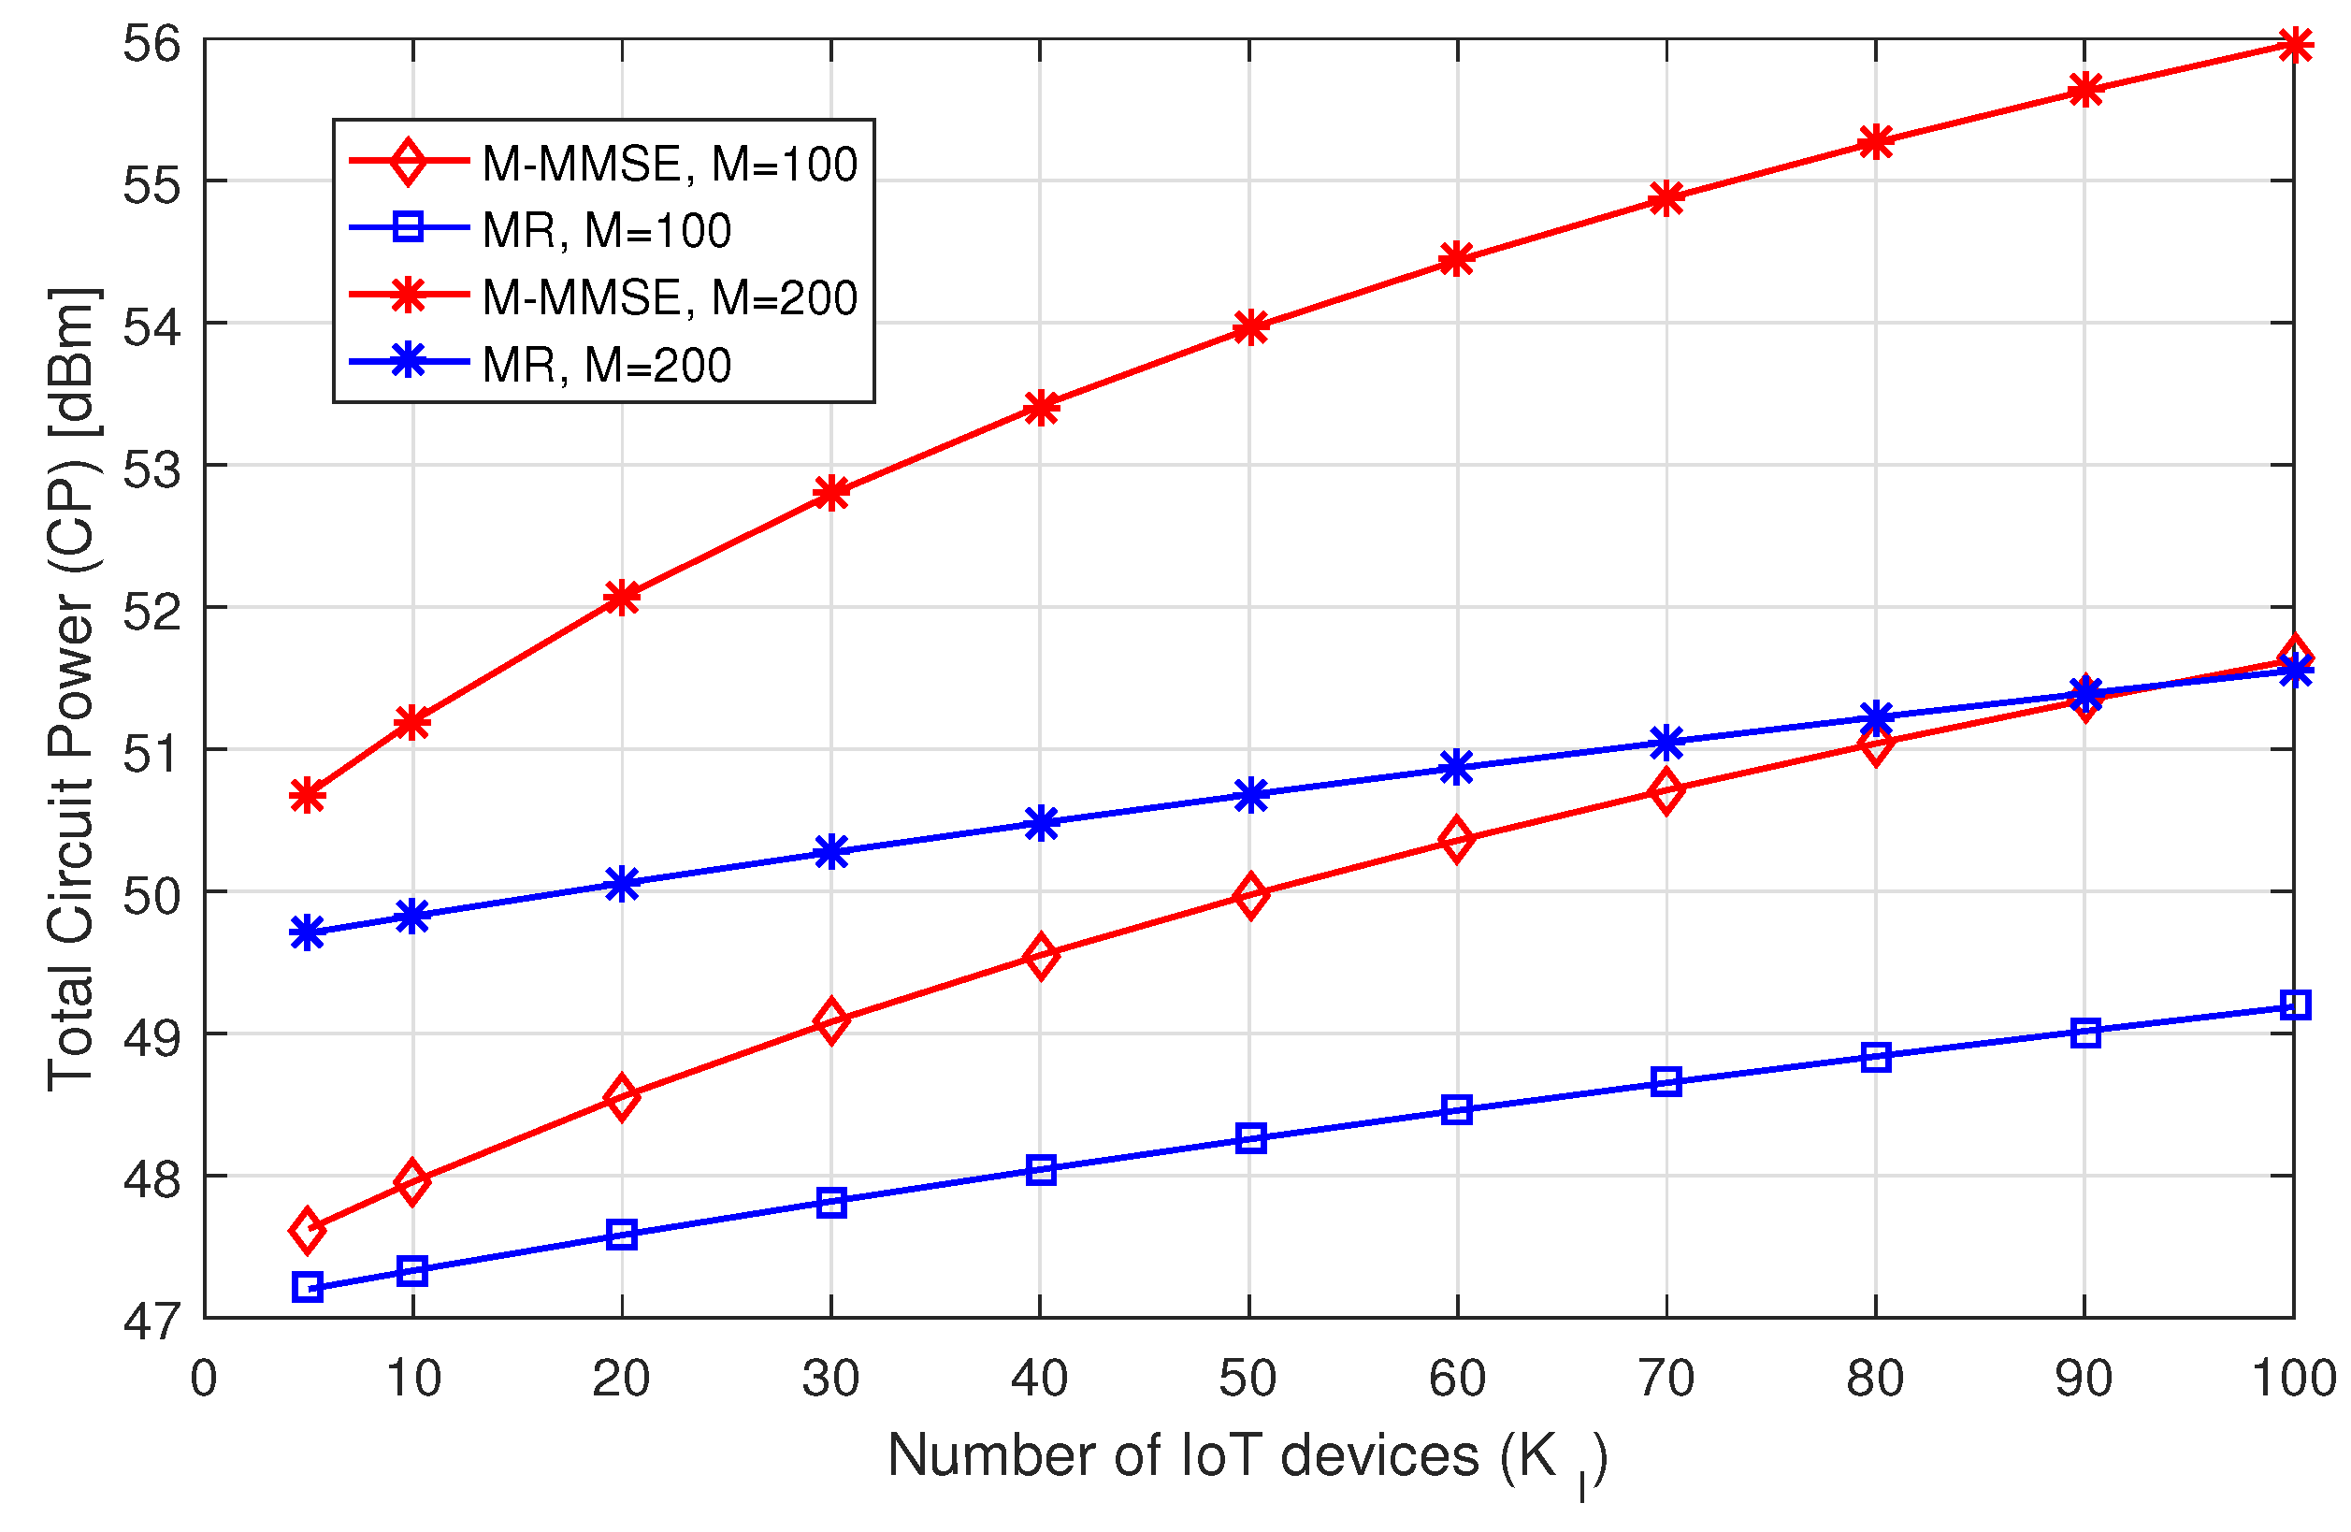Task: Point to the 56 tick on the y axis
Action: [152, 45]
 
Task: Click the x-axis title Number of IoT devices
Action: [1247, 1458]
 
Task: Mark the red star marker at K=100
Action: [2294, 45]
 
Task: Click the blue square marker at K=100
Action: [2294, 1005]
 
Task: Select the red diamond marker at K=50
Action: [1250, 895]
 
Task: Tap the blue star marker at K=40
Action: [1040, 822]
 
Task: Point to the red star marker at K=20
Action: [621, 597]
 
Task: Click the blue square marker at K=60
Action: [1456, 1109]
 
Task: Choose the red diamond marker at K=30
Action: [831, 1020]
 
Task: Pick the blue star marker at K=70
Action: [1666, 742]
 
